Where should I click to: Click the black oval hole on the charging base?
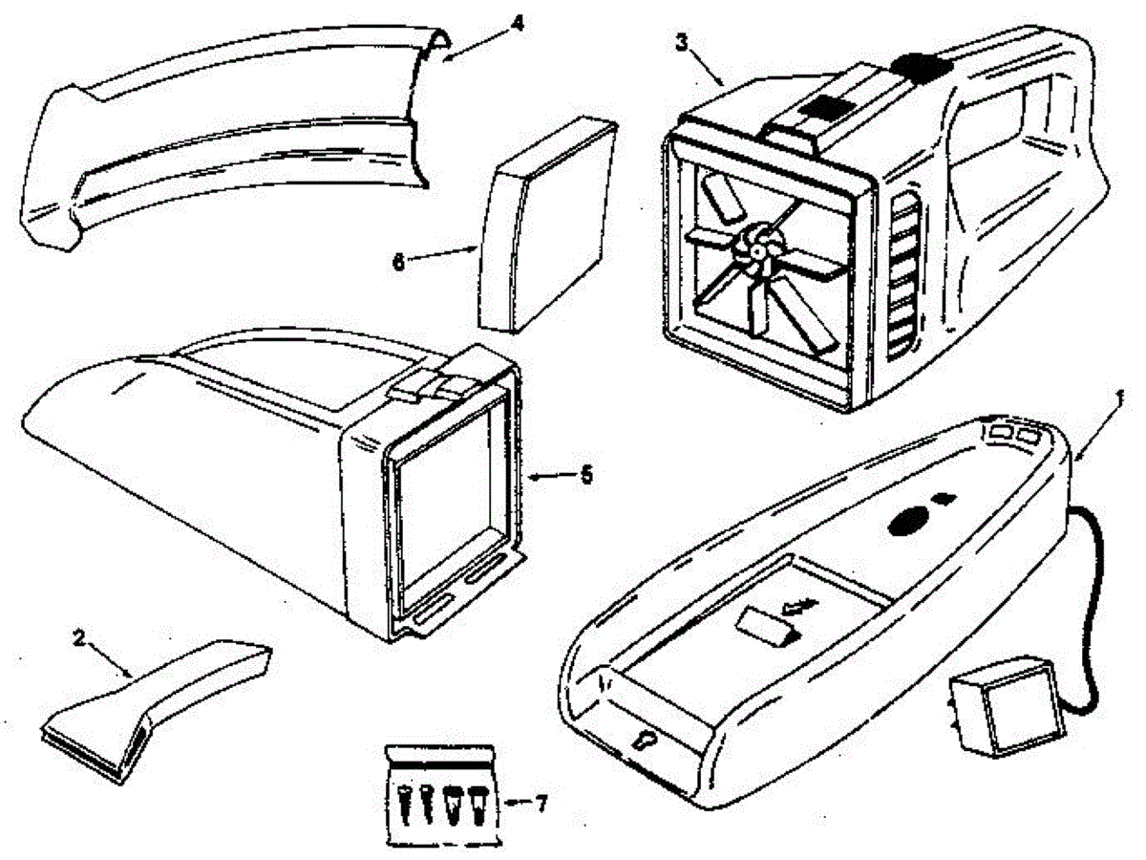(908, 519)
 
